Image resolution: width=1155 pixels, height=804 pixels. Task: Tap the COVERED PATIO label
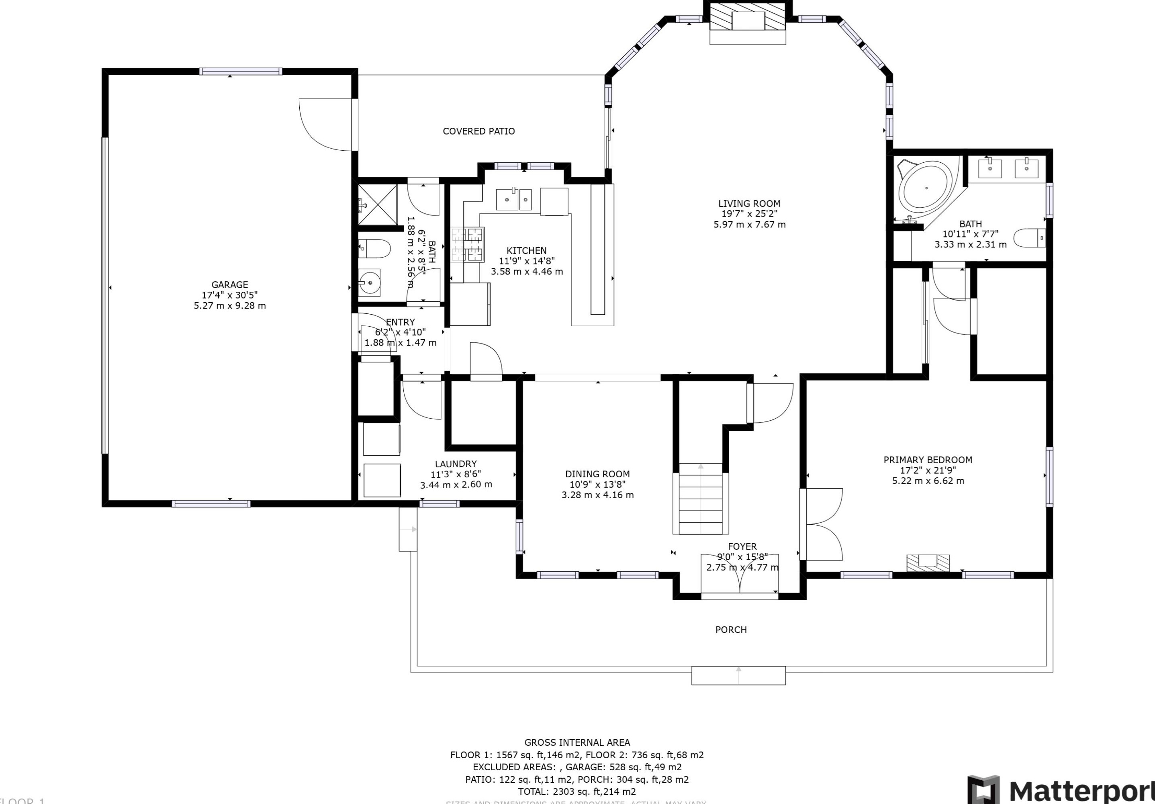[478, 131]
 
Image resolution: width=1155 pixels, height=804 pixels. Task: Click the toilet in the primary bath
[1029, 238]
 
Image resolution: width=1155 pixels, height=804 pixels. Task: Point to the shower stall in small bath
[378, 204]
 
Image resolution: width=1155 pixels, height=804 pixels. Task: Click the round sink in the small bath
[370, 283]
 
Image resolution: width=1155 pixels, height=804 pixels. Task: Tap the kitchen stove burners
[468, 245]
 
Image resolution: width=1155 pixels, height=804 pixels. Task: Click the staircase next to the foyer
[700, 499]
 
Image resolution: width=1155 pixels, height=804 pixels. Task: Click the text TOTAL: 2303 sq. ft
[577, 792]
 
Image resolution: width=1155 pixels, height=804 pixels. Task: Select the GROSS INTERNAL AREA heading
[577, 742]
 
